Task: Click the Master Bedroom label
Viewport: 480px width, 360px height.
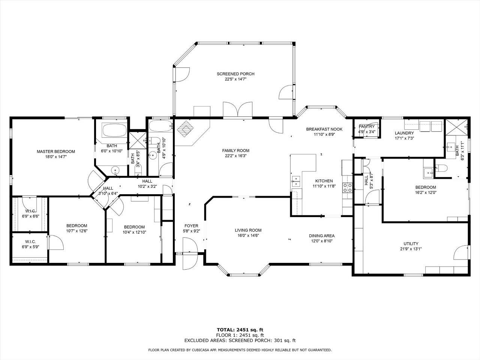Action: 55,151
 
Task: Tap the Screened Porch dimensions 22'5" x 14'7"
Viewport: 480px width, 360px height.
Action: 235,79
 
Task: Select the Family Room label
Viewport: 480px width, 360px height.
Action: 235,151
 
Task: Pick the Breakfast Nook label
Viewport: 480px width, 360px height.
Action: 324,129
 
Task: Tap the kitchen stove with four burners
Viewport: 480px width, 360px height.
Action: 347,187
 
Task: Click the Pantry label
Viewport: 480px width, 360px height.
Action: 366,127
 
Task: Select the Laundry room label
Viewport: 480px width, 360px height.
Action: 404,133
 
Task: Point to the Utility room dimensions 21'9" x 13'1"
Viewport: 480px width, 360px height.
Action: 411,249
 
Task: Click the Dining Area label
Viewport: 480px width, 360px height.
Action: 321,236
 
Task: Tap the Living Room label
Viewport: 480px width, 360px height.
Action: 248,230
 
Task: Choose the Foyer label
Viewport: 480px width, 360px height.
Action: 191,226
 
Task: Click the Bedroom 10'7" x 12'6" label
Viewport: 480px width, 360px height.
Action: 76,226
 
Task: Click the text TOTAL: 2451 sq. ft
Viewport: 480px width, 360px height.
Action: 240,330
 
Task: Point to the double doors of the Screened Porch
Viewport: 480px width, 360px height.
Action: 238,110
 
